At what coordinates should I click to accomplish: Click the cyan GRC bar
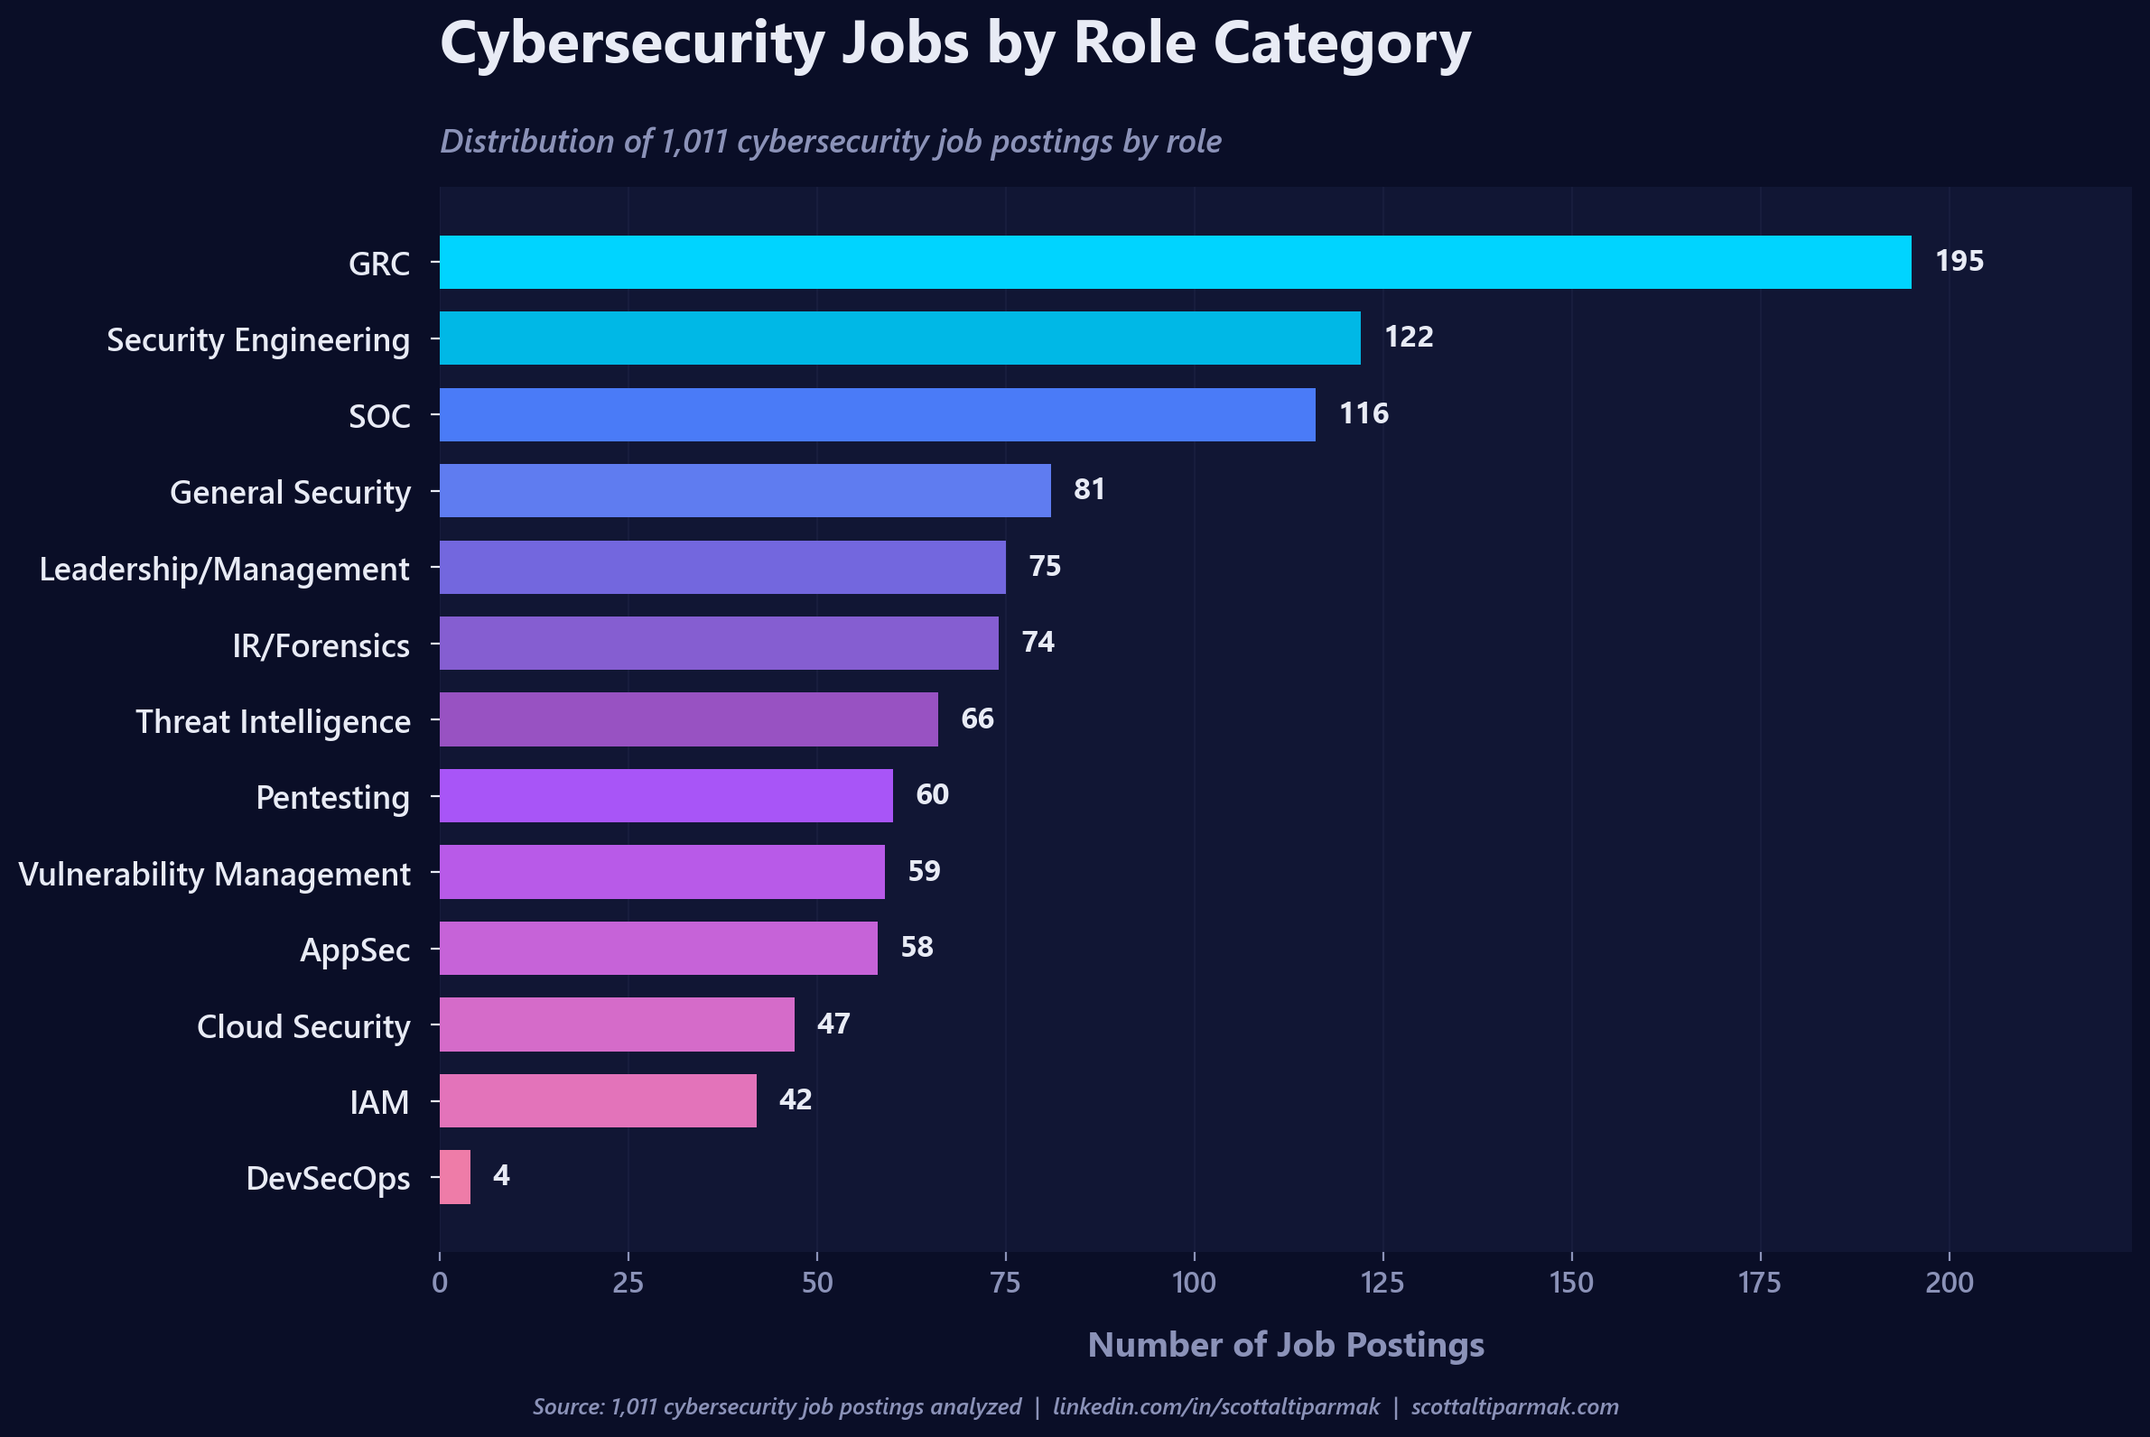(1175, 262)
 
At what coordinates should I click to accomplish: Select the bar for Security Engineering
(899, 338)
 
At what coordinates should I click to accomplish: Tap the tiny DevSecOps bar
(455, 1177)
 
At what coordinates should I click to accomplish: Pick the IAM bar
(598, 1100)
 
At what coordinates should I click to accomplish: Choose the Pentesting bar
(665, 795)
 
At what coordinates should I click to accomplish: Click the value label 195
(1959, 261)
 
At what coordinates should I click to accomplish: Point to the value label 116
(1364, 413)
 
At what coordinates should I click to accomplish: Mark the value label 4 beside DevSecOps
(500, 1176)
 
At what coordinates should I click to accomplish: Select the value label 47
(833, 1024)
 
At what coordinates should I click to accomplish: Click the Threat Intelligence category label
(274, 722)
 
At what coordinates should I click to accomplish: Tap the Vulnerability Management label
(215, 875)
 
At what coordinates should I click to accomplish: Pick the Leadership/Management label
(224, 570)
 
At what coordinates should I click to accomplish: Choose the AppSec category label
(355, 950)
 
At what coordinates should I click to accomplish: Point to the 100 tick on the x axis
(1194, 1282)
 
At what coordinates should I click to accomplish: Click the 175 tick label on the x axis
(1759, 1282)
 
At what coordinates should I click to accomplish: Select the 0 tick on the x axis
(440, 1282)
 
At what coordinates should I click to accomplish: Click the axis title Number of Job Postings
(1286, 1344)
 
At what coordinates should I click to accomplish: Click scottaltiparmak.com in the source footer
(1514, 1406)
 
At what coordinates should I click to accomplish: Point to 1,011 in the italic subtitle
(694, 142)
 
